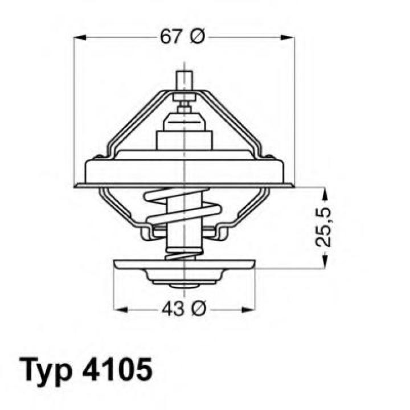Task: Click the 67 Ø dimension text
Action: [x=182, y=38]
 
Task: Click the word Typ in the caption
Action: [x=47, y=370]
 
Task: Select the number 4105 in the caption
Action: [x=118, y=370]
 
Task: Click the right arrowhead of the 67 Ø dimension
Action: [x=289, y=38]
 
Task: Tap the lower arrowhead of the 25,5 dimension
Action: [x=323, y=262]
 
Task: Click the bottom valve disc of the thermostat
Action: [x=184, y=266]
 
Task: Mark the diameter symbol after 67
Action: [x=195, y=38]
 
